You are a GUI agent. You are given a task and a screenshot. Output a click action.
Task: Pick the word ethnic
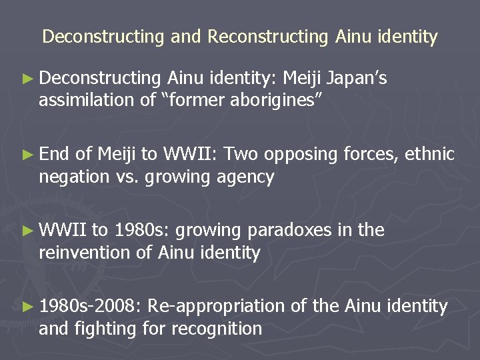(430, 155)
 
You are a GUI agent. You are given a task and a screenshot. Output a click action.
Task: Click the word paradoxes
(289, 230)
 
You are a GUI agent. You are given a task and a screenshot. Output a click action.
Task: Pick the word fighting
(105, 329)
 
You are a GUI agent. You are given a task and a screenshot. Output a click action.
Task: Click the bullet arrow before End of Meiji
(27, 155)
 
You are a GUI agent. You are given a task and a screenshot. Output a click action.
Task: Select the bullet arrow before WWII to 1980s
(27, 231)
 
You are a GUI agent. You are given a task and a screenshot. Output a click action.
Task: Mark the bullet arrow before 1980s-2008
(27, 307)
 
